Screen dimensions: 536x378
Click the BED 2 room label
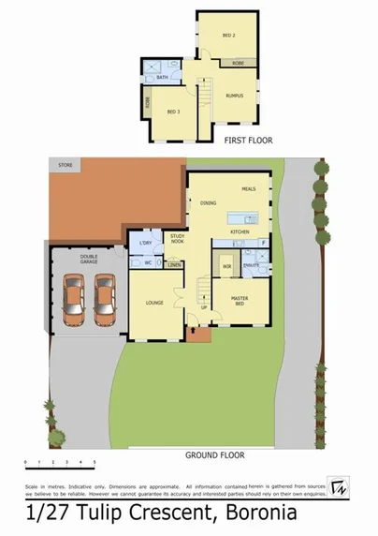[227, 35]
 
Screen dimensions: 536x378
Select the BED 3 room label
[173, 112]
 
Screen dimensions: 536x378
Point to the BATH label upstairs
[163, 78]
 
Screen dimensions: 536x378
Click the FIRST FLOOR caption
[247, 140]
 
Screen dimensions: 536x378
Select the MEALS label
[249, 189]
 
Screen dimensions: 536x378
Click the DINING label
[209, 203]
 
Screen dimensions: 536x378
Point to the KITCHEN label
[240, 231]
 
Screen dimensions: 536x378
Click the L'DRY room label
[145, 244]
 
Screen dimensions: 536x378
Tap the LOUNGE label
[154, 303]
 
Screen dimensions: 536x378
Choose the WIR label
[226, 266]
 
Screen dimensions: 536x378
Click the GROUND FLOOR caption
[215, 455]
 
